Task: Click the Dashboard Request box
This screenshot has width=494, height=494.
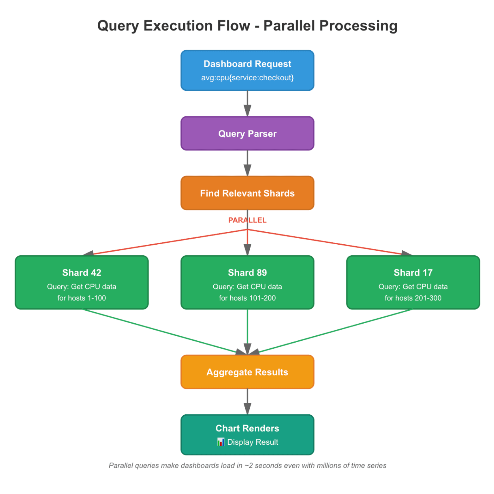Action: click(247, 70)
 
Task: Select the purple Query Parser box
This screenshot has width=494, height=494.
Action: click(247, 133)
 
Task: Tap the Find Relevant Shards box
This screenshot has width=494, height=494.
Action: click(247, 193)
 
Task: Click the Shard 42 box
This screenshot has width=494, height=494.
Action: click(82, 282)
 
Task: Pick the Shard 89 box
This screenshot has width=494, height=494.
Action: click(247, 282)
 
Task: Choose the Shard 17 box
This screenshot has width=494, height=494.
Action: click(413, 282)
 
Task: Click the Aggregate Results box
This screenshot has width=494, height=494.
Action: click(247, 372)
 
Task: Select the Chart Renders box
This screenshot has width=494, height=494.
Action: click(247, 435)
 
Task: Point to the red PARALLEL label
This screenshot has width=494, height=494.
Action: click(247, 220)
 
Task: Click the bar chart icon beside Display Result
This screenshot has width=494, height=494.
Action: click(221, 442)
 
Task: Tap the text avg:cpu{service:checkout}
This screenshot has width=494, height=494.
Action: click(247, 78)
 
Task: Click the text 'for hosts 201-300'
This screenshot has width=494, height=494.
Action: click(413, 298)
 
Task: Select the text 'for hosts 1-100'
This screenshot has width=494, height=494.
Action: click(82, 298)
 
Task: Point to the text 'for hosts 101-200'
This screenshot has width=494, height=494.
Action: click(247, 298)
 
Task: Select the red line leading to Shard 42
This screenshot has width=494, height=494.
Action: click(164, 242)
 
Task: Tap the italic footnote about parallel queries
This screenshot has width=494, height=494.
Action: click(247, 465)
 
